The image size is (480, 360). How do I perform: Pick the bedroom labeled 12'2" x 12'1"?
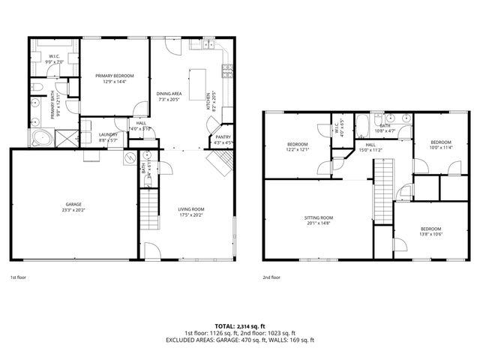click(298, 145)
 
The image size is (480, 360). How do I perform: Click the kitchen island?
click(198, 84)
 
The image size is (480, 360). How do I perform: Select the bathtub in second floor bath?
click(360, 121)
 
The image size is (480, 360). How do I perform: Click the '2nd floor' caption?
click(271, 277)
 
